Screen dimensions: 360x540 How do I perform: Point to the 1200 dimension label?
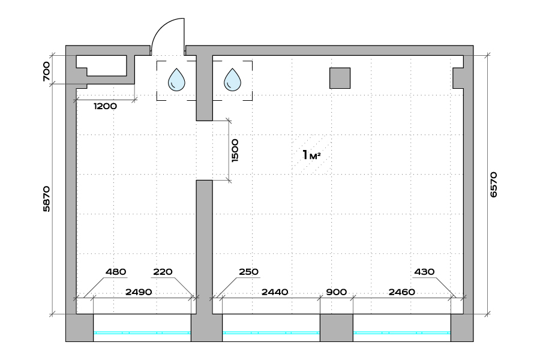(104, 106)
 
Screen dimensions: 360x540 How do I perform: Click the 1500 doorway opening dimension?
(235, 149)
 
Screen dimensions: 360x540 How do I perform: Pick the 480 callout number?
(116, 272)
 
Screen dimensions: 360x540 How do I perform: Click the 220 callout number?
(162, 272)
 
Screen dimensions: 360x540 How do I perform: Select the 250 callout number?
(248, 272)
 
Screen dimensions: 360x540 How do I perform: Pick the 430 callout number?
(424, 272)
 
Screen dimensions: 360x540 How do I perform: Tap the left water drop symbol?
(176, 80)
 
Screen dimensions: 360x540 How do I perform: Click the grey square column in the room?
(340, 78)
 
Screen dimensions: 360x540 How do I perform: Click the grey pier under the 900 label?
(336, 328)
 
